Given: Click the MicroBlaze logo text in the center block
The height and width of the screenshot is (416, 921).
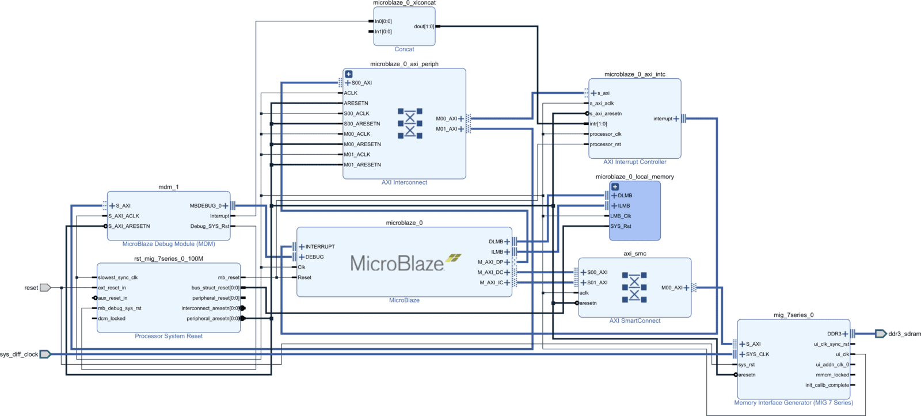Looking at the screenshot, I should click(x=397, y=264).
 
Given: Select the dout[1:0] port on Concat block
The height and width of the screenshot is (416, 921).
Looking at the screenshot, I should click(x=424, y=26).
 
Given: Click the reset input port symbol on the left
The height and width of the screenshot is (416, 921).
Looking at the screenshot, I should click(x=45, y=288).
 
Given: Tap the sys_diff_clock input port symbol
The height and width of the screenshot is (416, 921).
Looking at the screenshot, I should click(x=45, y=354).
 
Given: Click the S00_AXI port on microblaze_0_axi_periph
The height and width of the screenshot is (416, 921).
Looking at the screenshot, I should click(x=361, y=83).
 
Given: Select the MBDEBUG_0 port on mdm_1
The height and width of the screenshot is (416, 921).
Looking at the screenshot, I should click(x=205, y=205).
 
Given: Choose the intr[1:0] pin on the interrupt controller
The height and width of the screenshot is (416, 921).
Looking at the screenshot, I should click(x=598, y=124).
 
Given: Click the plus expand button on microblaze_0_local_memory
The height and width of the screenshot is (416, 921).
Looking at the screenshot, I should click(x=615, y=187).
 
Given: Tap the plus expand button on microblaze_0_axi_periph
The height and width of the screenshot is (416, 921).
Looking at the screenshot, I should click(x=349, y=74).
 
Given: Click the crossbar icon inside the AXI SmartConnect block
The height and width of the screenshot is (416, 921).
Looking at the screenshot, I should click(x=634, y=287).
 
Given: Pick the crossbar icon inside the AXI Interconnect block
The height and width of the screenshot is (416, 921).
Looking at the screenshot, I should click(x=410, y=123).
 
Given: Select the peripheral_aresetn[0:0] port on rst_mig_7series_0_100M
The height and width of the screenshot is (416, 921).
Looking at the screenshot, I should click(x=212, y=318).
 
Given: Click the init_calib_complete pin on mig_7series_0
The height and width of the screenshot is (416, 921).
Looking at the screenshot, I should click(x=827, y=385).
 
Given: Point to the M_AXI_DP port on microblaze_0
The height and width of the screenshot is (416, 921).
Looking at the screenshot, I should click(x=490, y=262).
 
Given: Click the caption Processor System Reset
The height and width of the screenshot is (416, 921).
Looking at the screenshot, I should click(x=169, y=336).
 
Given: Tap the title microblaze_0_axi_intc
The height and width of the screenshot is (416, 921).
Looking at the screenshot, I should click(x=634, y=74).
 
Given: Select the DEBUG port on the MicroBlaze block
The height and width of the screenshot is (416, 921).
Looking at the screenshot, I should click(x=314, y=257).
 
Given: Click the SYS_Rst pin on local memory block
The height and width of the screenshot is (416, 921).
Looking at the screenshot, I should click(x=621, y=226).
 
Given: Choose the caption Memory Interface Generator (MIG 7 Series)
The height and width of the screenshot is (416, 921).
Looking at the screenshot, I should click(x=793, y=403).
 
